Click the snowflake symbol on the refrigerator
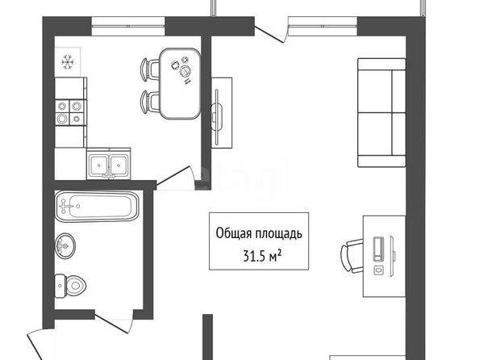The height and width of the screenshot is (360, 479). click(x=68, y=62)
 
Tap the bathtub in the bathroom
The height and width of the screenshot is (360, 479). click(x=97, y=206)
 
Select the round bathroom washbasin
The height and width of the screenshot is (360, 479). click(x=65, y=245)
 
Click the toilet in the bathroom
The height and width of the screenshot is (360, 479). click(x=70, y=286)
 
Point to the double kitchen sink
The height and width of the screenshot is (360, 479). click(x=109, y=164)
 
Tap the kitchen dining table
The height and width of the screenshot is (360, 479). click(x=181, y=83)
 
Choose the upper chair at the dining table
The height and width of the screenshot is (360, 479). click(x=150, y=70)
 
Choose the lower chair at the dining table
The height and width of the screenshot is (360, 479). click(x=150, y=103)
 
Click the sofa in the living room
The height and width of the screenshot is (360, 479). click(x=381, y=112)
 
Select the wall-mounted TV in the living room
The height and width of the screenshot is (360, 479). click(x=218, y=117)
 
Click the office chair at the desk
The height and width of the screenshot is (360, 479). click(x=352, y=256)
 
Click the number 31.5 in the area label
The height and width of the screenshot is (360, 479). click(x=253, y=257)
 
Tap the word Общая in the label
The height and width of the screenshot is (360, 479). click(x=233, y=234)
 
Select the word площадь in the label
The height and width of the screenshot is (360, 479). click(x=278, y=234)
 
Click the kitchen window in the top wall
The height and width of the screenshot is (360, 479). click(x=128, y=27)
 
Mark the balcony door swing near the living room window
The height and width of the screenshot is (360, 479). click(x=271, y=34)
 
